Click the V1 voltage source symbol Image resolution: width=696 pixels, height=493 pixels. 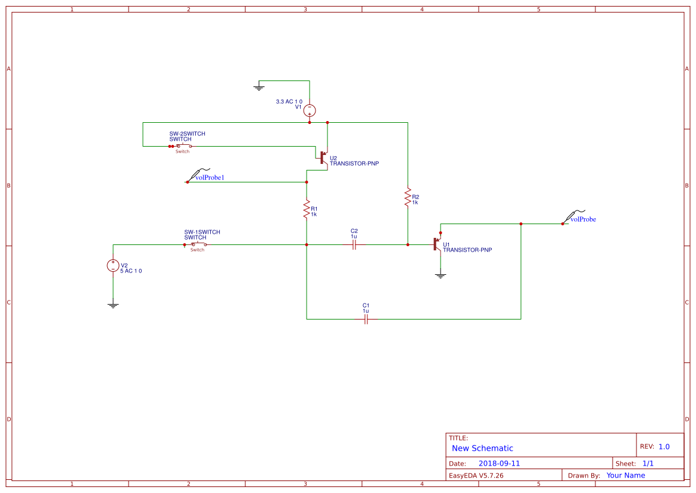pos(310,110)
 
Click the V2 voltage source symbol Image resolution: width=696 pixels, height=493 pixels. pos(113,265)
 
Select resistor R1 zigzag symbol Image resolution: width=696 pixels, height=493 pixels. pos(307,209)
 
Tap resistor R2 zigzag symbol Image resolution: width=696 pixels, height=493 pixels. pos(408,197)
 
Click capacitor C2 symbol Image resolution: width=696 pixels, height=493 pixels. pos(354,244)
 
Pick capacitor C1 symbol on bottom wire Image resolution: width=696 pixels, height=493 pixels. pos(366,319)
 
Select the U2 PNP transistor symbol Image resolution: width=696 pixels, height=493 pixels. pos(323,157)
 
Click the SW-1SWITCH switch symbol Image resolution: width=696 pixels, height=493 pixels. pos(197,244)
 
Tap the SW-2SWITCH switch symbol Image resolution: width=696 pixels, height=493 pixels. pos(182,146)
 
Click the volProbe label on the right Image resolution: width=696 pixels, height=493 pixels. pos(583,219)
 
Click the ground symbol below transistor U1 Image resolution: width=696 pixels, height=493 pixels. pos(441,275)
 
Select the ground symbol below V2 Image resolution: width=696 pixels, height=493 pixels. pos(113,305)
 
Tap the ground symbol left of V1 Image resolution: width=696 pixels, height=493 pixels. pos(259,88)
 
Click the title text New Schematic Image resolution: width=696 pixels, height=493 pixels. pos(482,448)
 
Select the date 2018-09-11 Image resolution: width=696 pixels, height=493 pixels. pos(499,463)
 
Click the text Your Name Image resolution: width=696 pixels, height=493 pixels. pos(625,475)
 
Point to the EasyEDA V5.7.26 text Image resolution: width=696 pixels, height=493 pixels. pos(476,475)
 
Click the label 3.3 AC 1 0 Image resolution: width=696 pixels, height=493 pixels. pos(289,102)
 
